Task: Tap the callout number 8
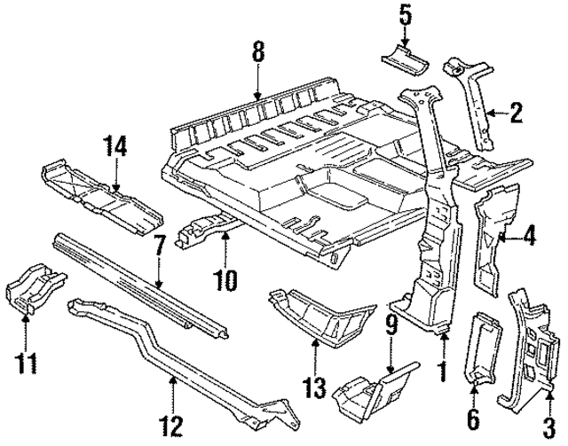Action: (258, 53)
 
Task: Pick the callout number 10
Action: (225, 281)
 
